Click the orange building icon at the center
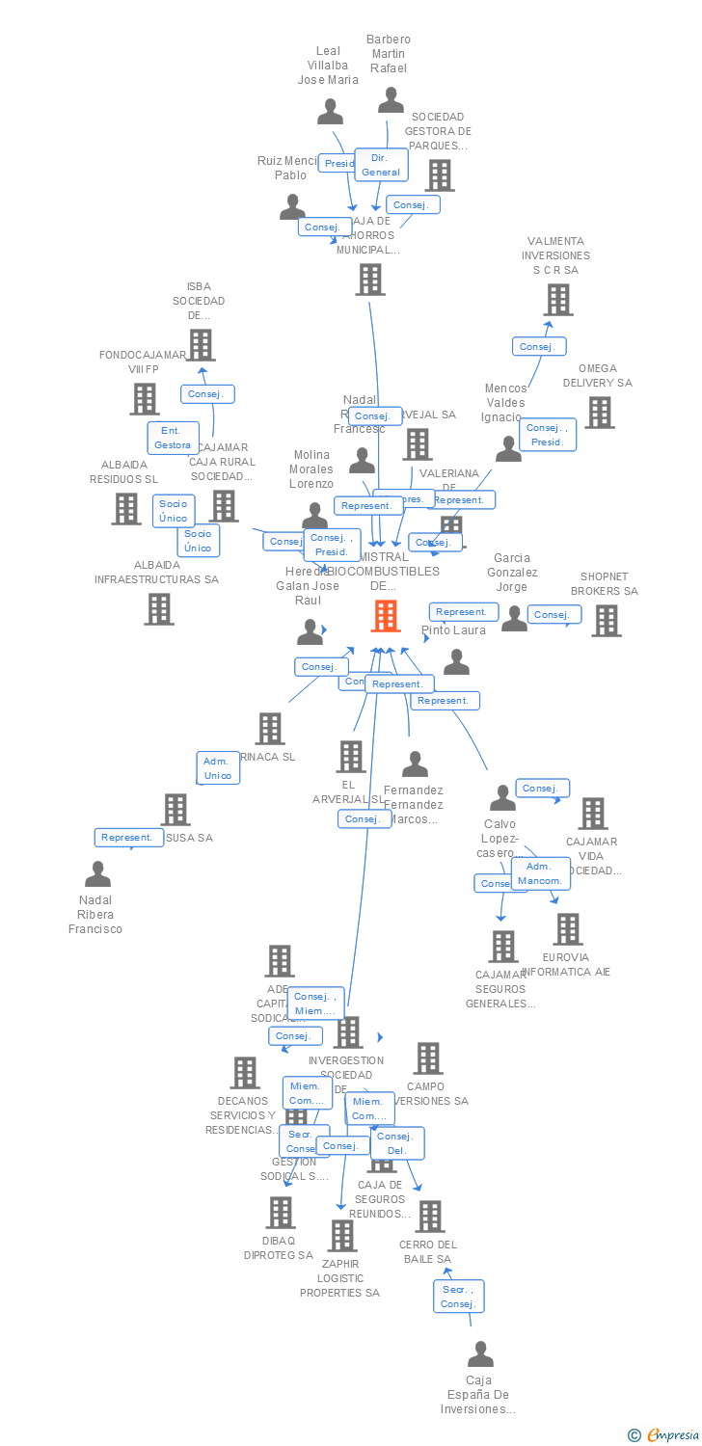tap(386, 616)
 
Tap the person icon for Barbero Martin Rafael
tap(391, 100)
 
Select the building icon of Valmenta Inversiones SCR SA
tap(557, 300)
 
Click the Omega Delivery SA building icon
tap(599, 413)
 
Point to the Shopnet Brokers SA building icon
tap(606, 621)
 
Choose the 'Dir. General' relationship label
tap(381, 165)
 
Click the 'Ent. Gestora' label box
tap(173, 438)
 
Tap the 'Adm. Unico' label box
tap(218, 768)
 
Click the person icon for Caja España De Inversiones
tap(480, 1354)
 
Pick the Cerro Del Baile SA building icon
tap(429, 1217)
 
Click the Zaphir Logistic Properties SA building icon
tap(341, 1236)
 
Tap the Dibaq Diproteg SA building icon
tap(280, 1213)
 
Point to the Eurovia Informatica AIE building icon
tap(567, 929)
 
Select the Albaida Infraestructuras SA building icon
tap(158, 609)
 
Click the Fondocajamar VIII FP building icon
tap(144, 399)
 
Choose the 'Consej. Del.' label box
tap(396, 1143)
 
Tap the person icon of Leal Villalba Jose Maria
tap(330, 112)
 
